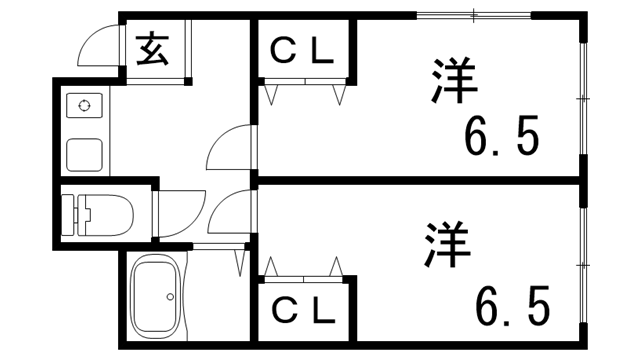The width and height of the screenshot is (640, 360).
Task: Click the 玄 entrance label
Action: click(x=152, y=49)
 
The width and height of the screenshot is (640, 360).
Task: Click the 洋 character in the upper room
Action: click(x=453, y=83)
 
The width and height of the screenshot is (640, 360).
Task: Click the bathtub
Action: click(x=159, y=297)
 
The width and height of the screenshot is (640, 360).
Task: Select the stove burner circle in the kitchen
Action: click(x=84, y=105)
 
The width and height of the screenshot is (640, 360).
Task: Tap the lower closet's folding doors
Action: click(x=304, y=268)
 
